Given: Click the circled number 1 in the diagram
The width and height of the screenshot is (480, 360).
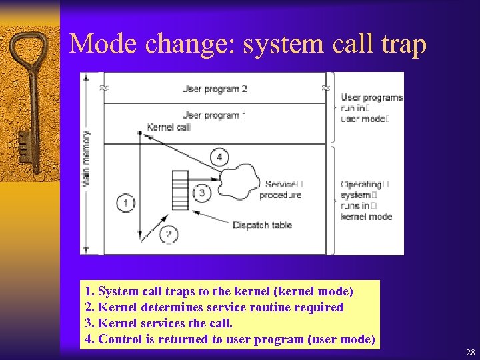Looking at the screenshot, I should pyautogui.click(x=125, y=203).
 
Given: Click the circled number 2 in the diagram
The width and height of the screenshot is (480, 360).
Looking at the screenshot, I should pyautogui.click(x=169, y=233).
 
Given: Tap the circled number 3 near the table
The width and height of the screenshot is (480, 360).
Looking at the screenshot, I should pyautogui.click(x=202, y=193).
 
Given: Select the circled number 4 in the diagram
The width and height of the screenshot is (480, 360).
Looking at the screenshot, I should pyautogui.click(x=219, y=157).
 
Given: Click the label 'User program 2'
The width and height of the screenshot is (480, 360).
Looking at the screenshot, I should pyautogui.click(x=214, y=89).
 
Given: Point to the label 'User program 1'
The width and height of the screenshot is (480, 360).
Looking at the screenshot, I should pyautogui.click(x=214, y=115).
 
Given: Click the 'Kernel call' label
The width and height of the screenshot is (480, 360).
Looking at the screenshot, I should pyautogui.click(x=168, y=127).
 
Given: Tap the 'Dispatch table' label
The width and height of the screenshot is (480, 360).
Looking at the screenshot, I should pyautogui.click(x=262, y=225).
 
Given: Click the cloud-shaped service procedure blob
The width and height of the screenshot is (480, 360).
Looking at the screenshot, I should pyautogui.click(x=238, y=179).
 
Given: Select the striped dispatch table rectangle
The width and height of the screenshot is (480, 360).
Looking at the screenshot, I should pyautogui.click(x=180, y=190).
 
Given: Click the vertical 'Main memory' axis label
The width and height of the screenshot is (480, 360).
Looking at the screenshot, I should pyautogui.click(x=87, y=158).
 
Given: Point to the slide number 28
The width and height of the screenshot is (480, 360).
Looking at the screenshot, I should pyautogui.click(x=470, y=351).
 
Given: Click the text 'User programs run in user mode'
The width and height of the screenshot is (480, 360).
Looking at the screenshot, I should pyautogui.click(x=371, y=108).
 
